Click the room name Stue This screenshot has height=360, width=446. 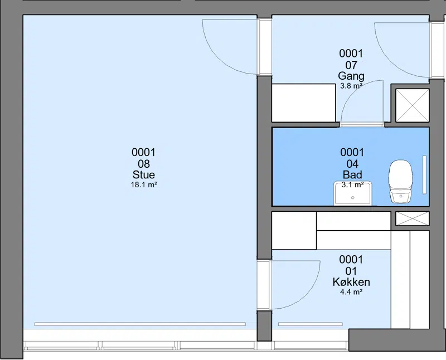[x=144, y=174]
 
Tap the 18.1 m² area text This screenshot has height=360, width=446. [x=144, y=185]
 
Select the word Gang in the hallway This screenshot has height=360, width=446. [x=351, y=76]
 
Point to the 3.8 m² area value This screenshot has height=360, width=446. [x=351, y=86]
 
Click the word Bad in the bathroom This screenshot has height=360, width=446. [x=352, y=174]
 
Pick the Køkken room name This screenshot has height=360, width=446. [x=351, y=282]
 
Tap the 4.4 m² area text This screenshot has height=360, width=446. [x=351, y=292]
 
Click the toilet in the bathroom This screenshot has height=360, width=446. [x=400, y=182]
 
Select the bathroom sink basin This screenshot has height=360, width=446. [x=353, y=193]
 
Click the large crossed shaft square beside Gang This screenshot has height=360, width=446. [x=412, y=105]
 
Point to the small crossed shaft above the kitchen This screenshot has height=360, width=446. [x=412, y=218]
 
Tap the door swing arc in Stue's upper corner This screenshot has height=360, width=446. [x=219, y=59]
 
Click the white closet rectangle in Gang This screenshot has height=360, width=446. [x=303, y=103]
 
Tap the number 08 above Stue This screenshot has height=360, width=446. [x=144, y=164]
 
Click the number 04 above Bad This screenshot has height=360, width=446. [x=352, y=164]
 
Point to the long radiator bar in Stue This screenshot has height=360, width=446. [x=140, y=324]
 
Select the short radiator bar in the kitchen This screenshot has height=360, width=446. [x=311, y=324]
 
